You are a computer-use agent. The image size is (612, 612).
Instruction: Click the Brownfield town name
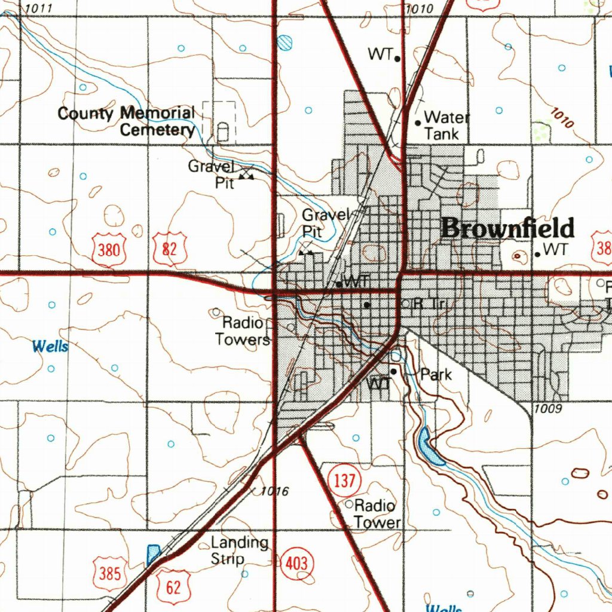(x=509, y=228)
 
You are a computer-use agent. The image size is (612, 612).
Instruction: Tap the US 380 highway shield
(x=108, y=249)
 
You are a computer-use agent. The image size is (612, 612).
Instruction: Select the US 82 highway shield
(x=170, y=249)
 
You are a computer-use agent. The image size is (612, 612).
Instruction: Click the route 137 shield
(x=344, y=480)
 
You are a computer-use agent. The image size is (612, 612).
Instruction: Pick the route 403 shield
(x=296, y=563)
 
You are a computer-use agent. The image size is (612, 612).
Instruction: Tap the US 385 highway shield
(x=110, y=574)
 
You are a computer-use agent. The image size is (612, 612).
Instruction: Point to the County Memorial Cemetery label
(x=127, y=121)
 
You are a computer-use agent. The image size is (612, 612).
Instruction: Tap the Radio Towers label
(x=243, y=331)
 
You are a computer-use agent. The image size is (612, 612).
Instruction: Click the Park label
(x=436, y=375)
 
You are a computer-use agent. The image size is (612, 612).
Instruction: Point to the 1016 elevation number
(x=275, y=491)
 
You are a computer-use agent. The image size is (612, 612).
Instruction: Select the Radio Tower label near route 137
(x=377, y=514)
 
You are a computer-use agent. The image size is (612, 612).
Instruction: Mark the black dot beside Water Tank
(x=418, y=123)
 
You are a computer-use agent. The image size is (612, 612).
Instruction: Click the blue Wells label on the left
(x=50, y=346)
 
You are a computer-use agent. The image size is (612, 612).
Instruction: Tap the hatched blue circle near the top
(x=285, y=42)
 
